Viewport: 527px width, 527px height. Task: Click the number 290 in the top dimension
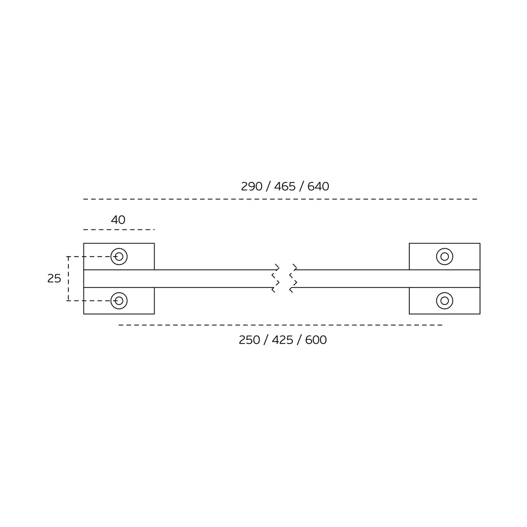[x=251, y=186]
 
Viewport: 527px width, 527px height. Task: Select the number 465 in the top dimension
[x=284, y=186]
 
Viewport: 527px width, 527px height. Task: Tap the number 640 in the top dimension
[x=318, y=186]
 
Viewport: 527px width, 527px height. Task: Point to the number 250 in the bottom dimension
[x=249, y=340]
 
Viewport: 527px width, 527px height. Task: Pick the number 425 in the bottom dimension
[x=283, y=340]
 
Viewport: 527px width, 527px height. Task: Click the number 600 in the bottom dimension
[x=316, y=340]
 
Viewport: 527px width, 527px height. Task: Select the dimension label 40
[x=118, y=220]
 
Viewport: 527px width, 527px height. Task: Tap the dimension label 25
[x=54, y=279]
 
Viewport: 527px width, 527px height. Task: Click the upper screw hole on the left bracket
[x=119, y=257]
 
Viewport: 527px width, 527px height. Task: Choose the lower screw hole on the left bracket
[x=119, y=301]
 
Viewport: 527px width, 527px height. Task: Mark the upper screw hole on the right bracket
[x=445, y=257]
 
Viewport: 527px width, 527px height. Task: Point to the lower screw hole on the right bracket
[x=445, y=301]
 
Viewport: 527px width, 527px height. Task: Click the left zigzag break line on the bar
[x=276, y=278]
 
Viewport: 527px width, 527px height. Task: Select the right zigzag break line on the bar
[x=293, y=278]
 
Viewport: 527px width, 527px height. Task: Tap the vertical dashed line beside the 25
[x=68, y=279]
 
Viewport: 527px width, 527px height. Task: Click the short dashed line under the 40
[x=119, y=229]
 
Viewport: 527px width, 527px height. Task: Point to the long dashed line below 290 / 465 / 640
[x=280, y=199]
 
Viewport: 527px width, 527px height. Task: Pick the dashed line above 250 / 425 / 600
[x=281, y=325]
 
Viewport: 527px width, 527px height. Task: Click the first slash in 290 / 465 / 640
[x=268, y=186]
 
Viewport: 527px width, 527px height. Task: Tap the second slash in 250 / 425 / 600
[x=299, y=340]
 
